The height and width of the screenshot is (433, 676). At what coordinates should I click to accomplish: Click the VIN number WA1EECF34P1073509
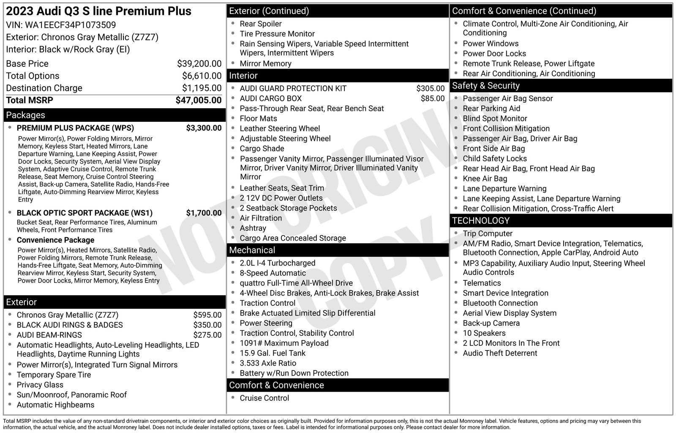pos(70,25)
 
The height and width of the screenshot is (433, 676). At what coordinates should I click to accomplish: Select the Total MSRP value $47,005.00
pos(198,100)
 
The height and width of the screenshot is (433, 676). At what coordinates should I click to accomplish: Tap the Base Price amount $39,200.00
pos(199,64)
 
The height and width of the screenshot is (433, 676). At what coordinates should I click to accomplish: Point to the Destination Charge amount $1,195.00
pos(202,88)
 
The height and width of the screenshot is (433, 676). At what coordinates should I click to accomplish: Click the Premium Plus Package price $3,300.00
pos(204,128)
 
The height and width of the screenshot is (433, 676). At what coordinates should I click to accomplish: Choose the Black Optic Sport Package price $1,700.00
pos(204,213)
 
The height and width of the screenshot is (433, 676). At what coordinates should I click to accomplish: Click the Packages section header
pos(25,115)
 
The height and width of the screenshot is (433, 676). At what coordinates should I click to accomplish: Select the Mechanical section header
pos(252,250)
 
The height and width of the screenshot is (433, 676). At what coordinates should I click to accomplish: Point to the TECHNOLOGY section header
pos(481,221)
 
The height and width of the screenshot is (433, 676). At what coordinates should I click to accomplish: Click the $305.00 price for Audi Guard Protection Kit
pos(430,88)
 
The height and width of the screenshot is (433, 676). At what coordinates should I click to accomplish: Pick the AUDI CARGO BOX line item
pos(270,99)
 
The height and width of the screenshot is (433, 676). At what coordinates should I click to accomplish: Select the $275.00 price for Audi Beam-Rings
pos(207,335)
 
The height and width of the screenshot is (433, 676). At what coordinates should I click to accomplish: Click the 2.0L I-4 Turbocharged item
pos(277,263)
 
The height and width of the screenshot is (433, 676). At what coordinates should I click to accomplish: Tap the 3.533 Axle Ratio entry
pos(268,363)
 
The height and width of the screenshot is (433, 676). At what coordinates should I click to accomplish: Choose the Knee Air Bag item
pos(485,178)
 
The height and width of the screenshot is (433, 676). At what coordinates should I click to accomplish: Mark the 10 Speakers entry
pos(484,333)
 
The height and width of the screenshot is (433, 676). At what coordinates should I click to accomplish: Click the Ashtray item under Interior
pos(253,228)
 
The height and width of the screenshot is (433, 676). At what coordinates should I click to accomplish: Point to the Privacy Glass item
pos(40,385)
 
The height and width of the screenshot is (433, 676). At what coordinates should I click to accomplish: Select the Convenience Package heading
pos(55,240)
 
